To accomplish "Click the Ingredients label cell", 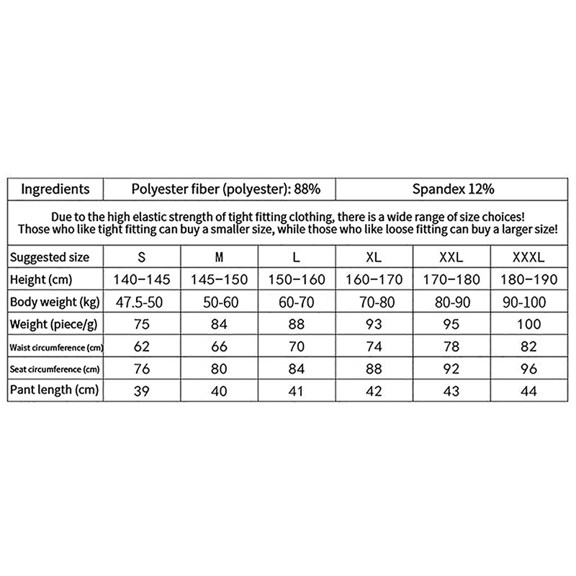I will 55,189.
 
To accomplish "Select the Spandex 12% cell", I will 453,189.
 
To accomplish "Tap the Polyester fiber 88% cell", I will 220,189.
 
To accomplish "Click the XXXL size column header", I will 529,257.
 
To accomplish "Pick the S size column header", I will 141,257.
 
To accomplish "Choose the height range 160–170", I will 374,279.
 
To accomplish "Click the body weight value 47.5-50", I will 141,302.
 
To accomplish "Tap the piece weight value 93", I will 374,324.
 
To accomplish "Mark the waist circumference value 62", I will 141,346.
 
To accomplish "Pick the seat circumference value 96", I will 529,369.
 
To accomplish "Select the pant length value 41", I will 297,391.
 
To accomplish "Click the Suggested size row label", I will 50,257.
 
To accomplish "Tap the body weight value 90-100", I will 529,302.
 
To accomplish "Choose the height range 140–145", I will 141,279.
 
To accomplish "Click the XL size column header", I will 374,257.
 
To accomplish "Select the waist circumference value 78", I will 452,346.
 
